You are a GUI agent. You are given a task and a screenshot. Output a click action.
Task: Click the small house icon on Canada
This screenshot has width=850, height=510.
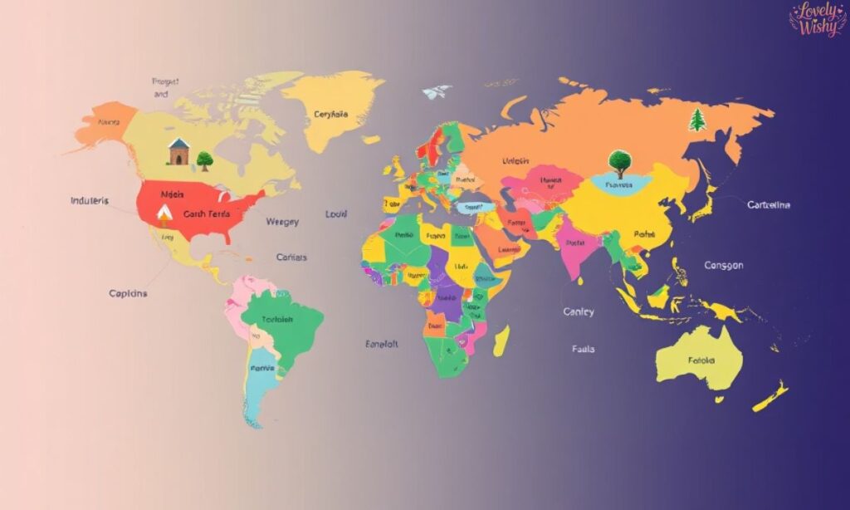click(178, 152)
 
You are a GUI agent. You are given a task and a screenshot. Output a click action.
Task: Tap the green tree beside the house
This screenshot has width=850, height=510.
click(204, 160)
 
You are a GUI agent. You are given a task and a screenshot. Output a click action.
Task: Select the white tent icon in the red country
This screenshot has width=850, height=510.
click(164, 215)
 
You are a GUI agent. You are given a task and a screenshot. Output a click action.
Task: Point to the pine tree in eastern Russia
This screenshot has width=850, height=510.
click(697, 120)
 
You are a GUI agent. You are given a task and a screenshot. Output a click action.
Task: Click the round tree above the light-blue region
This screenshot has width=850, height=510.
click(618, 161)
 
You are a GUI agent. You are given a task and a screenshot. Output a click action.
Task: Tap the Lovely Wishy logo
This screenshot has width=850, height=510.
click(817, 19)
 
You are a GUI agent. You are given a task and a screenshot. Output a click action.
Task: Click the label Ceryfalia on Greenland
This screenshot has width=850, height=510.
click(330, 115)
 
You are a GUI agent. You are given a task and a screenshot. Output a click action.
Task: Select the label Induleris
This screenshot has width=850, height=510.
click(90, 201)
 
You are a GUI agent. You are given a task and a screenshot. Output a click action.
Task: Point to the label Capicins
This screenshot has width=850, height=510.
click(129, 293)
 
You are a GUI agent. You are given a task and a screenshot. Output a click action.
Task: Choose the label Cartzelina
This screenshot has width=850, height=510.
click(769, 204)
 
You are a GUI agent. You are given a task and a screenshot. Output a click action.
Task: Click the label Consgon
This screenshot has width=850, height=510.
click(724, 266)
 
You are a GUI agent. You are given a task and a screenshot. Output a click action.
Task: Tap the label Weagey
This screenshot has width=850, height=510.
click(282, 222)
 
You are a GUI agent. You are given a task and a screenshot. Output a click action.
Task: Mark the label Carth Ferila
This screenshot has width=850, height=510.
click(206, 214)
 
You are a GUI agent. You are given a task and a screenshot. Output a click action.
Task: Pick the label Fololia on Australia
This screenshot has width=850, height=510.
click(701, 361)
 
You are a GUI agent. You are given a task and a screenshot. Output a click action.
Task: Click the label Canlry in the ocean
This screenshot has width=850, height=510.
click(579, 311)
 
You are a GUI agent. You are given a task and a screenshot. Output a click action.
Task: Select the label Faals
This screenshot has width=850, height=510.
click(584, 349)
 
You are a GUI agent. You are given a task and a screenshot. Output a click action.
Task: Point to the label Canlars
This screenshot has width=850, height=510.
click(291, 257)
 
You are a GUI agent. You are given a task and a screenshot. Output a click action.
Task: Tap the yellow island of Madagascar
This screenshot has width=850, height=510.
click(501, 341)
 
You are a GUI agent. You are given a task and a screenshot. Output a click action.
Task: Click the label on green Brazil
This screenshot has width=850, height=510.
click(277, 321)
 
